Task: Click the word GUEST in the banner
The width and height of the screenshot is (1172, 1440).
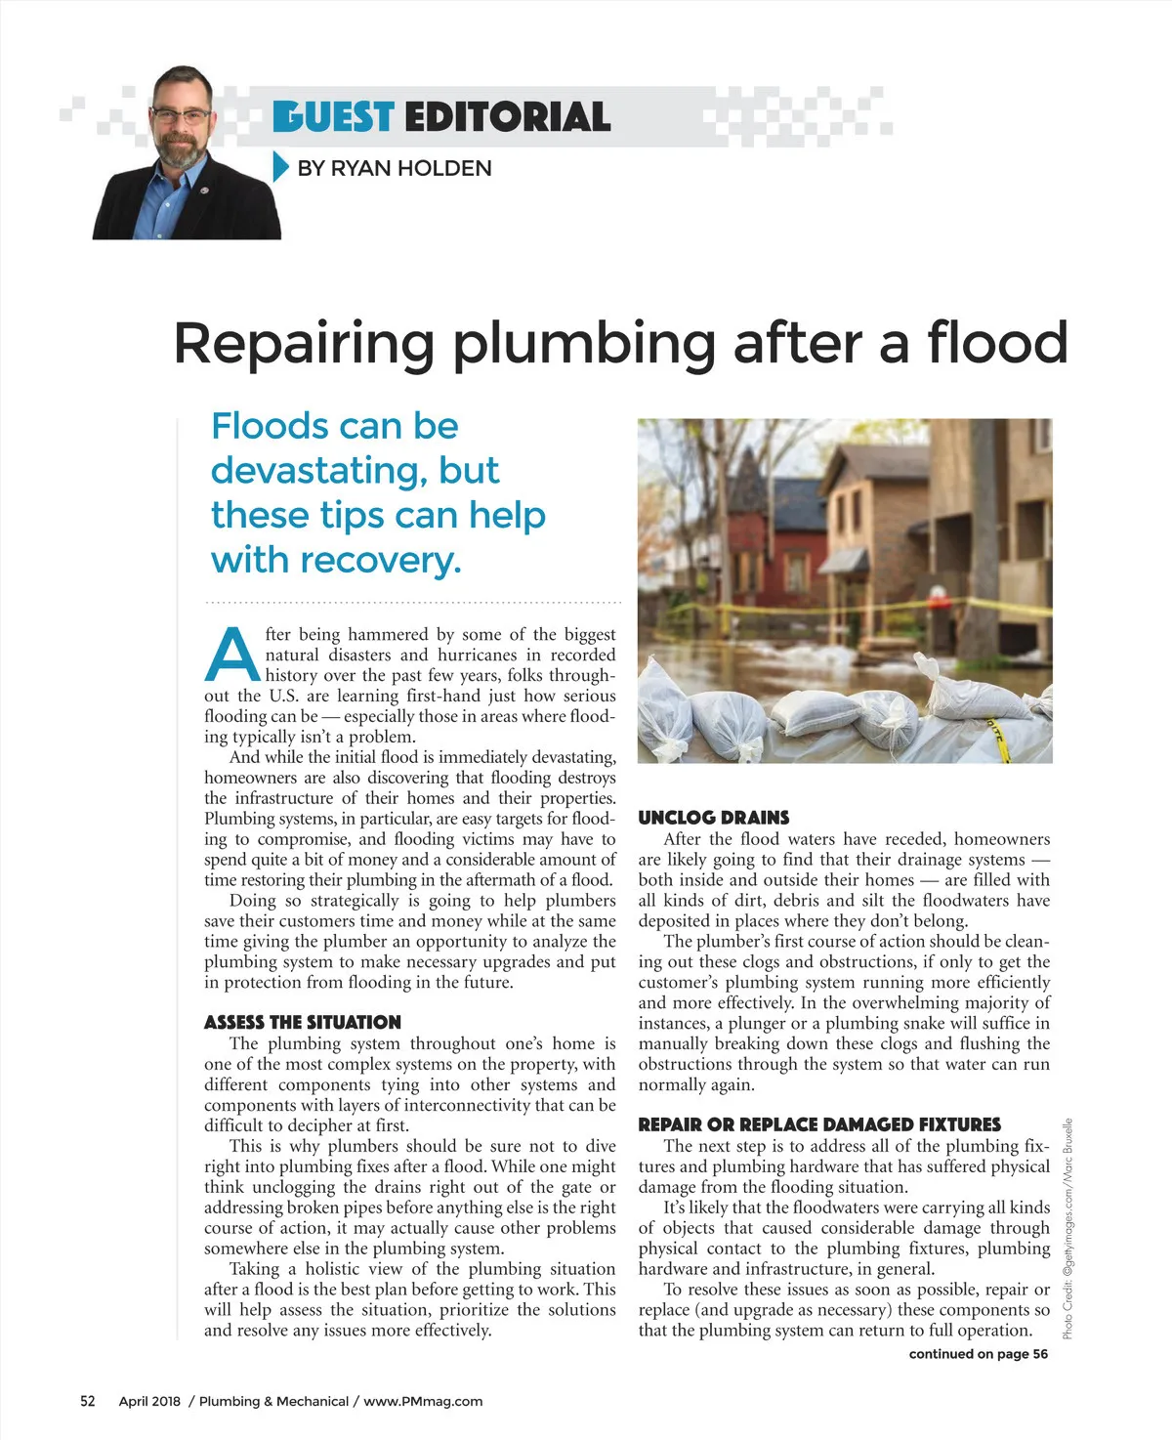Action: tap(333, 116)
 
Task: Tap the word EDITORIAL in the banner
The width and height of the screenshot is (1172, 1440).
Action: tap(507, 116)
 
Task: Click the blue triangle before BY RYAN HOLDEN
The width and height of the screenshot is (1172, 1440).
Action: tap(280, 167)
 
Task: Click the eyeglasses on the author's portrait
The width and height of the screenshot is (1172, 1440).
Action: tap(182, 115)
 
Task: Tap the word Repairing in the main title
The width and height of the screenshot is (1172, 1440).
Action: tap(304, 345)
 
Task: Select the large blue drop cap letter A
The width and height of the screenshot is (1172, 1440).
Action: tap(232, 655)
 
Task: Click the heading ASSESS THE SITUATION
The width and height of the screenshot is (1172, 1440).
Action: tap(302, 1022)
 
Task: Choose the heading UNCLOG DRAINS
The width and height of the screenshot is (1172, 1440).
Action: tap(713, 818)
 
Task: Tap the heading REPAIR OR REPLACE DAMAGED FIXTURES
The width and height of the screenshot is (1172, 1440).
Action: tap(819, 1124)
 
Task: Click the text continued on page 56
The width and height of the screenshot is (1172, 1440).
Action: tap(978, 1354)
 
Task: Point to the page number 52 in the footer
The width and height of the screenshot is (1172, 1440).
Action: tap(88, 1401)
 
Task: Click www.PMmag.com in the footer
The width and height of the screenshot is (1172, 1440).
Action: tap(423, 1401)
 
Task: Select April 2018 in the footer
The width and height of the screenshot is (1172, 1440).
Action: tap(149, 1401)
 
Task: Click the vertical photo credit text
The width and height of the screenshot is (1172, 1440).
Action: tap(1067, 1228)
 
